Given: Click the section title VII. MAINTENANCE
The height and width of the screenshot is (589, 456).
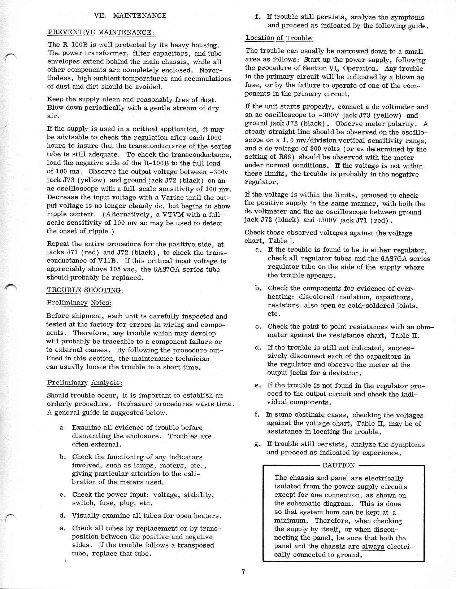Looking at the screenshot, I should coord(130,16).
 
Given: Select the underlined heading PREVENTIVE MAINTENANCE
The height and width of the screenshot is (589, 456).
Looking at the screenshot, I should coord(101,32).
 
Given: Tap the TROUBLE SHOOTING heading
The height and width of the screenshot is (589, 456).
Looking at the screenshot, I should coord(85,290).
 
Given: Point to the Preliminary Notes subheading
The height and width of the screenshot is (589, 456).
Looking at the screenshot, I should coord(79,303).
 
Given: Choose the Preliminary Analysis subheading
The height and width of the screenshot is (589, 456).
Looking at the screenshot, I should coord(84,382).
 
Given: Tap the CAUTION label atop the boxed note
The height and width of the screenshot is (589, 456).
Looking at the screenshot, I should coord(338,465).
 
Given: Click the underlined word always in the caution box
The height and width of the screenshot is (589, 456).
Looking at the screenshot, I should coord(373,546).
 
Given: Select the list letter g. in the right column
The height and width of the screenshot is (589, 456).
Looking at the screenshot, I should coord(258,444).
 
